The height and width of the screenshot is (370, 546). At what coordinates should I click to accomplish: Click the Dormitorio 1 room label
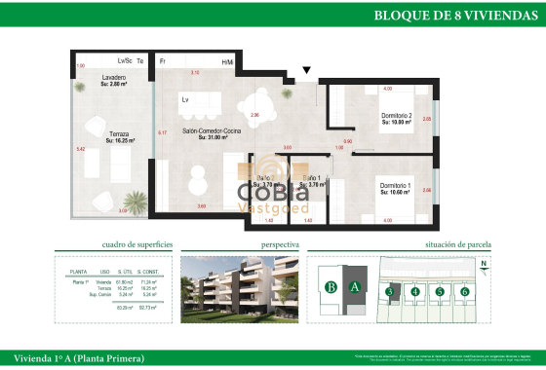395,188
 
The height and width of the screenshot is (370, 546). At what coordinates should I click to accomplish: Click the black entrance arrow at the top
308,70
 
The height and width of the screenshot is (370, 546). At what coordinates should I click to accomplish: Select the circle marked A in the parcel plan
356,287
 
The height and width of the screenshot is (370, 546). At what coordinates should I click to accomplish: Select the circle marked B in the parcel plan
331,287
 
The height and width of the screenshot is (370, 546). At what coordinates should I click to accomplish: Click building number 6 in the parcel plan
465,291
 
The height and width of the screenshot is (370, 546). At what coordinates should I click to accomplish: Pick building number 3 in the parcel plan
389,291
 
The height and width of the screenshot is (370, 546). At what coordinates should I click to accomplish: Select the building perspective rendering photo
239,288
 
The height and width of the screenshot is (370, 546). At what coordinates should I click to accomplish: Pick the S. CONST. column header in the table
147,272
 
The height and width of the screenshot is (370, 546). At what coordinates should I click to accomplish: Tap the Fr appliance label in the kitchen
163,61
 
